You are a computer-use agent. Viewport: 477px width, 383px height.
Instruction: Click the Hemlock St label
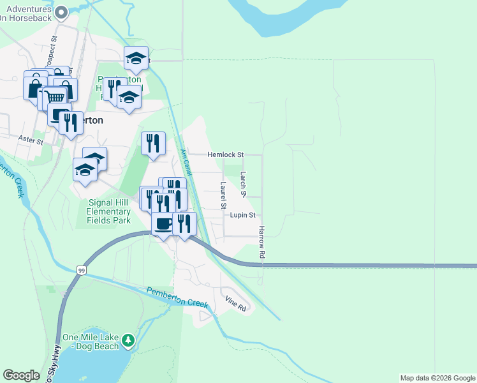point(226,154)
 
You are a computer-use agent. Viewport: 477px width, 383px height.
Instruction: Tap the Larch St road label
point(243,179)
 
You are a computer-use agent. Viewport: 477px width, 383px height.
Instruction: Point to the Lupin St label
point(242,216)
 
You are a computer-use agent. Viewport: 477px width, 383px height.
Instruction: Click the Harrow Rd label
point(261,242)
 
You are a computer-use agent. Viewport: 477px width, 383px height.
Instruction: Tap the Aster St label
point(30,139)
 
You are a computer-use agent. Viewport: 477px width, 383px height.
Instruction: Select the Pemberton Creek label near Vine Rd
point(177,297)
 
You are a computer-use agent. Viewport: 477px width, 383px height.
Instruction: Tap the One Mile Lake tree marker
point(128,340)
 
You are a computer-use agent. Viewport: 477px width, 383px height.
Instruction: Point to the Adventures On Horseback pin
point(61,11)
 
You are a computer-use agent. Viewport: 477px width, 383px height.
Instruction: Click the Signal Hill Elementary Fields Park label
point(108,211)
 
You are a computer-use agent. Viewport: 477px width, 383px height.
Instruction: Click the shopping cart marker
point(55,98)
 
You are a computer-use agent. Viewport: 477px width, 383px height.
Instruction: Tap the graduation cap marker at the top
point(136,59)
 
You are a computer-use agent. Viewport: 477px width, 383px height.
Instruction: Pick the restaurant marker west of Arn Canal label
point(153,144)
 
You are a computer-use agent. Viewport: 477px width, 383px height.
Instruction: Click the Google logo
point(21,375)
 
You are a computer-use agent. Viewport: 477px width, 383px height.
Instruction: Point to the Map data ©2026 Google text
point(437,378)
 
